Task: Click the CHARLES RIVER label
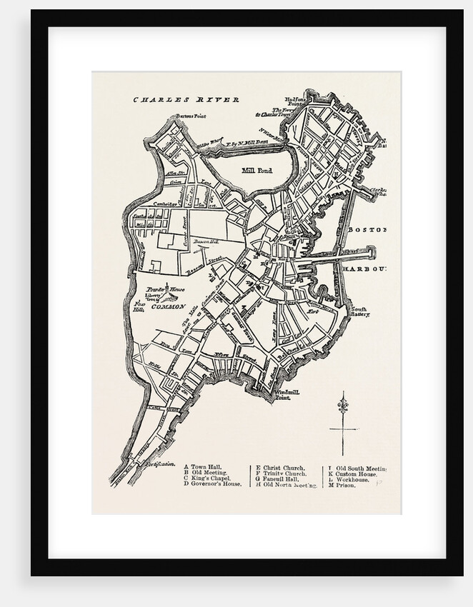(186, 100)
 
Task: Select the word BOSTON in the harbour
(367, 230)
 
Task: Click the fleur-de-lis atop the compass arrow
(342, 399)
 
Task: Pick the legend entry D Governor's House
(213, 484)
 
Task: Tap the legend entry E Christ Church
(280, 467)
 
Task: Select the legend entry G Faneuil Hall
(279, 478)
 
